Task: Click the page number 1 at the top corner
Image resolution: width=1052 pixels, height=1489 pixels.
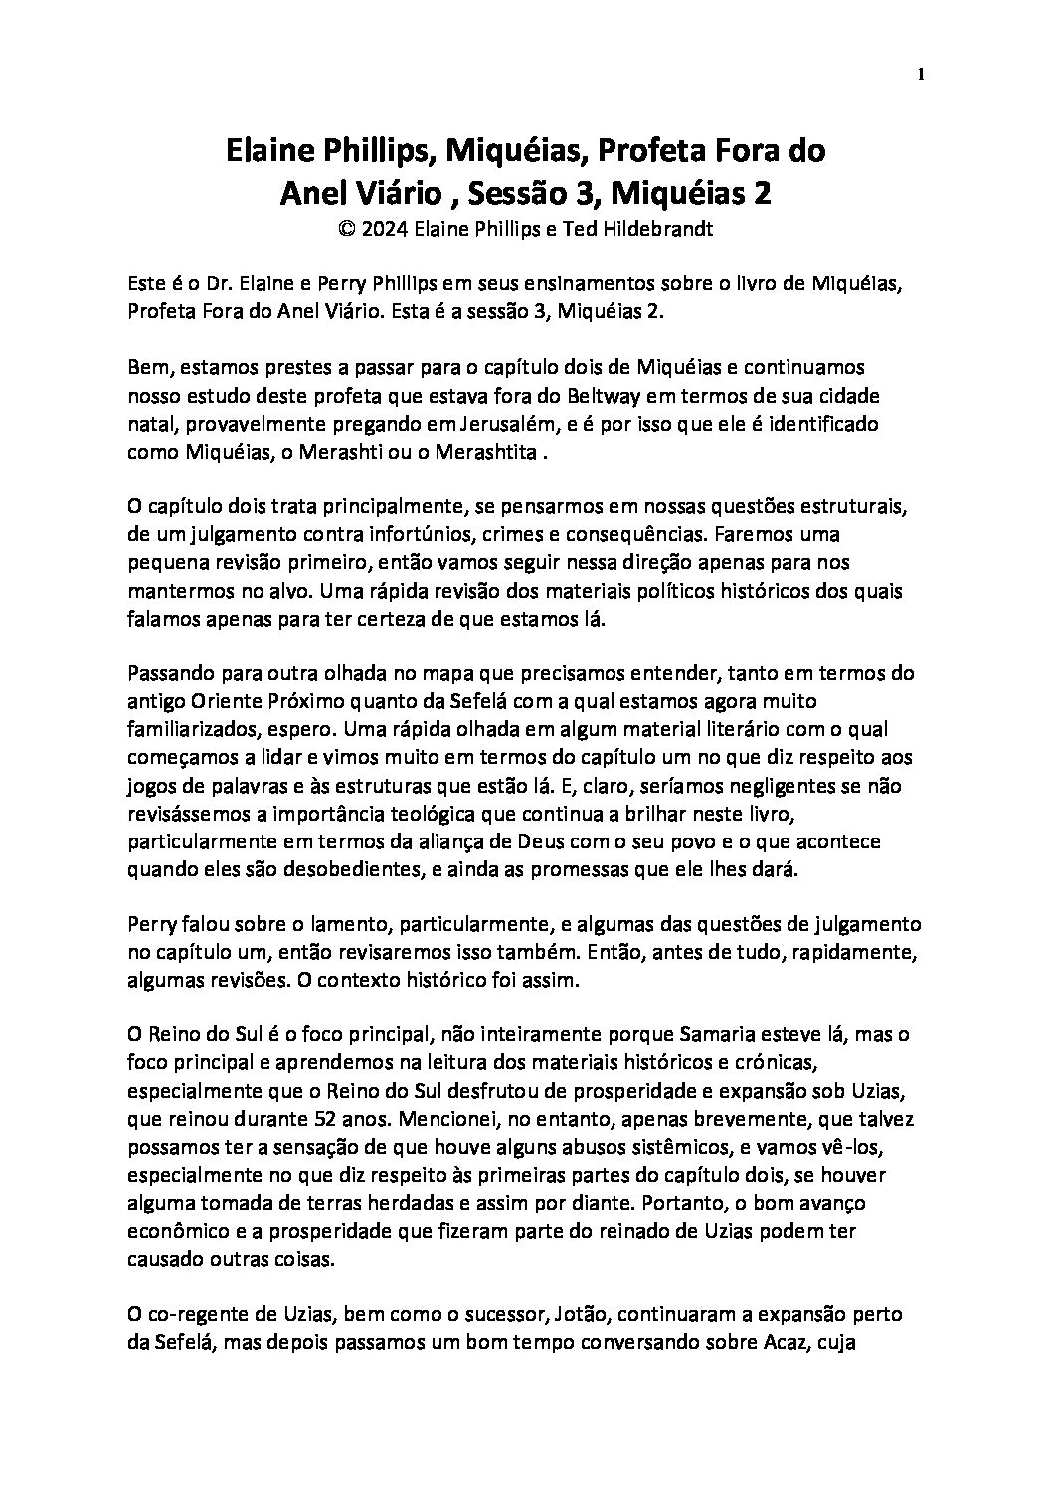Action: (x=922, y=74)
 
